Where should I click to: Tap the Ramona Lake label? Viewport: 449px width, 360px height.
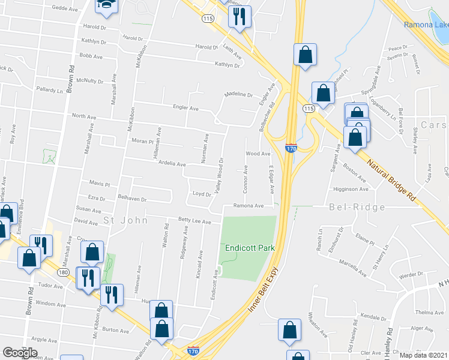(426, 25)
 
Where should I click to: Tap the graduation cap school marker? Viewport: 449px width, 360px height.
(107, 5)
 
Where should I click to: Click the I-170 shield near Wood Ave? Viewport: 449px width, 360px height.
(291, 148)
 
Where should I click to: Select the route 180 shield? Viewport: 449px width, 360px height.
(62, 273)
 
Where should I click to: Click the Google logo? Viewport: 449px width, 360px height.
(20, 352)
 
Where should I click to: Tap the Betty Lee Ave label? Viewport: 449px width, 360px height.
(194, 221)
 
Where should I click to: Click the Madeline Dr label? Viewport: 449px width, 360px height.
(238, 95)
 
